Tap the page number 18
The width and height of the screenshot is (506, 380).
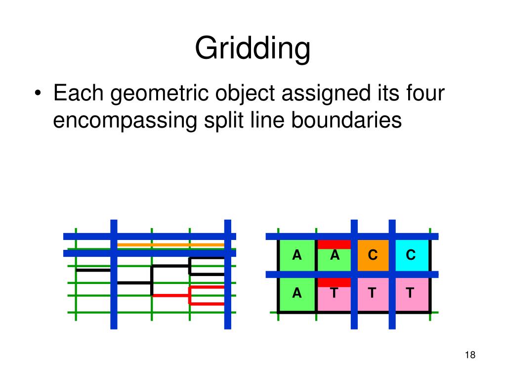[x=470, y=355]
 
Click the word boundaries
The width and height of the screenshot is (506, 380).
[x=346, y=120]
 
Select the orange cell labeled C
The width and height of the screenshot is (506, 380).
[x=373, y=256]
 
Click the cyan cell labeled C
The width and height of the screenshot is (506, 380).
[x=411, y=256]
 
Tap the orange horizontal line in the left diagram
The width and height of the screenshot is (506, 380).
[x=170, y=245]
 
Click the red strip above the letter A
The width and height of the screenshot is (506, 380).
[x=334, y=244]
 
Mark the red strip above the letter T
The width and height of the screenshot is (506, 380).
[x=334, y=283]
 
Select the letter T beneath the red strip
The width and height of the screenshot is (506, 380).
[x=334, y=293]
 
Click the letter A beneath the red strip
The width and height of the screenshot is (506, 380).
[x=335, y=255]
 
